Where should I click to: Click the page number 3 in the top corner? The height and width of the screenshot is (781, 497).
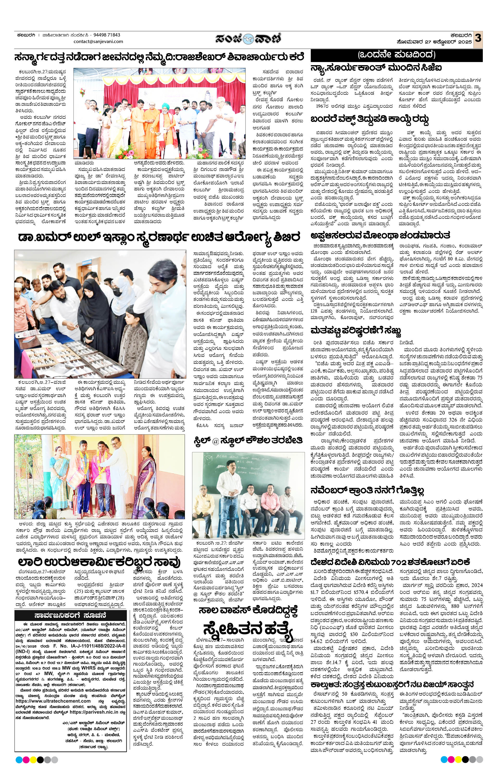[x=478, y=38]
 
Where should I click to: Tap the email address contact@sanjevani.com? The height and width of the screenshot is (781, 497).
[x=98, y=42]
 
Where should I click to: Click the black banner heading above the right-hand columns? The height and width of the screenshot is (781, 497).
[x=396, y=55]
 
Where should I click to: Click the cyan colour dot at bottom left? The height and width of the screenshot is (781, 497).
[x=19, y=760]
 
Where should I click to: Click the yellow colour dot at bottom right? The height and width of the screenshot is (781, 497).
[x=458, y=759]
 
